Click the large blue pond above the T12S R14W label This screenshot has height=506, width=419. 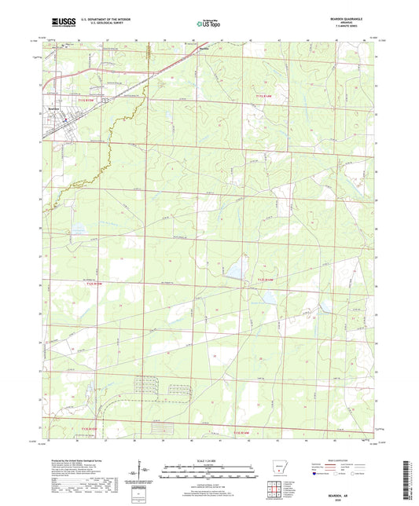[x=235, y=273]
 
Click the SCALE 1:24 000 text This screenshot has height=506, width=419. [x=209, y=460]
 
